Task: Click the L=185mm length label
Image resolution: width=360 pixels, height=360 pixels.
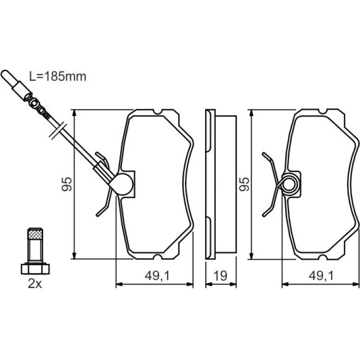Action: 58,76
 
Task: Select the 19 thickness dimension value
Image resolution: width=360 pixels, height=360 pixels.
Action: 220,276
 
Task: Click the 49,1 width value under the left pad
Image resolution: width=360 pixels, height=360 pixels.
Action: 157,276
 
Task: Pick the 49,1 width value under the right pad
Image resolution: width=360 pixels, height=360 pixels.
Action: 321,276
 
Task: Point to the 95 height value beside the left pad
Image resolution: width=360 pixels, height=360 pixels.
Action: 67,184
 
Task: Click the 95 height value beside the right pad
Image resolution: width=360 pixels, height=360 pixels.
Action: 244,184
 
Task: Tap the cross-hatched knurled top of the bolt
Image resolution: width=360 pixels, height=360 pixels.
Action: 35,234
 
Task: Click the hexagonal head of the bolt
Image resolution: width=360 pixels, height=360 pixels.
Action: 35,269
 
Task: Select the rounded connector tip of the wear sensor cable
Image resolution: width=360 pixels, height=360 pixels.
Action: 7,75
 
